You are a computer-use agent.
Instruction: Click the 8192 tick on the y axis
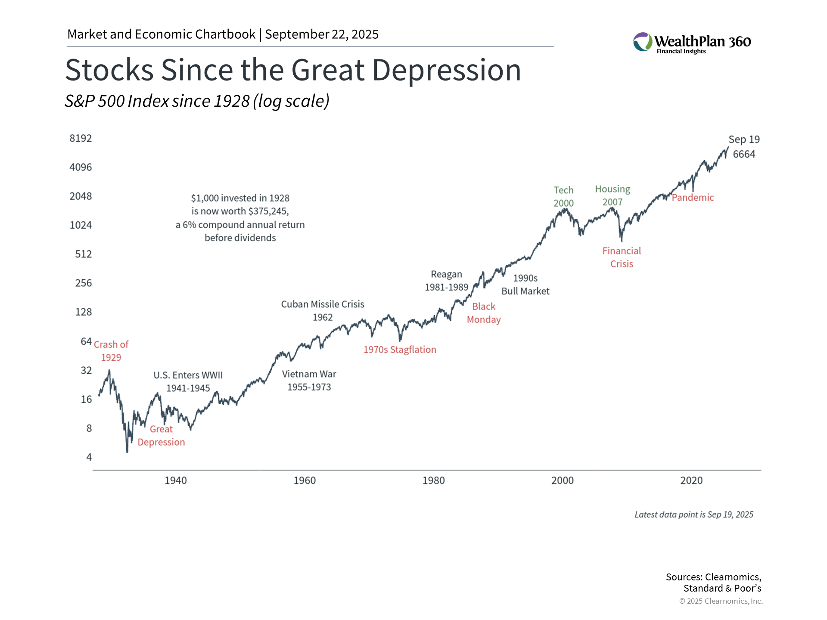point(81,138)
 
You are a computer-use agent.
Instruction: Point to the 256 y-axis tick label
point(84,283)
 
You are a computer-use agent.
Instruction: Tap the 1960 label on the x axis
point(305,480)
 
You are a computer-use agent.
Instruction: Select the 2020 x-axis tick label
point(691,480)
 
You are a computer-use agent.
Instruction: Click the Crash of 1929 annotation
point(111,351)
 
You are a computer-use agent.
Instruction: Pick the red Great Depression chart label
point(161,436)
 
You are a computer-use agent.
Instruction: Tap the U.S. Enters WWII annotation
point(188,381)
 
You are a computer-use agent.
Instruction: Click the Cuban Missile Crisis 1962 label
point(323,311)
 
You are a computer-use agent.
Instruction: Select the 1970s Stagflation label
point(400,350)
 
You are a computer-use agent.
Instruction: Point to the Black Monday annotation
point(484,313)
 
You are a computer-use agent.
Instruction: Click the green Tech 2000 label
point(563,196)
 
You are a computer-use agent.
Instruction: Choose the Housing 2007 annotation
point(612,195)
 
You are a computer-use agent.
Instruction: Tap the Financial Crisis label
point(622,257)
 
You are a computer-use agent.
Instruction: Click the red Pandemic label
point(693,198)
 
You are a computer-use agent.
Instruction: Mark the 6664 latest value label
point(744,154)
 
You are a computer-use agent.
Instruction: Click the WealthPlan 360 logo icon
point(643,42)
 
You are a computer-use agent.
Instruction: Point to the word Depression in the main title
point(447,70)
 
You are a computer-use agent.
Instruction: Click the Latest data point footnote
point(694,515)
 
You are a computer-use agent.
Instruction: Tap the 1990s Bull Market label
point(525,285)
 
